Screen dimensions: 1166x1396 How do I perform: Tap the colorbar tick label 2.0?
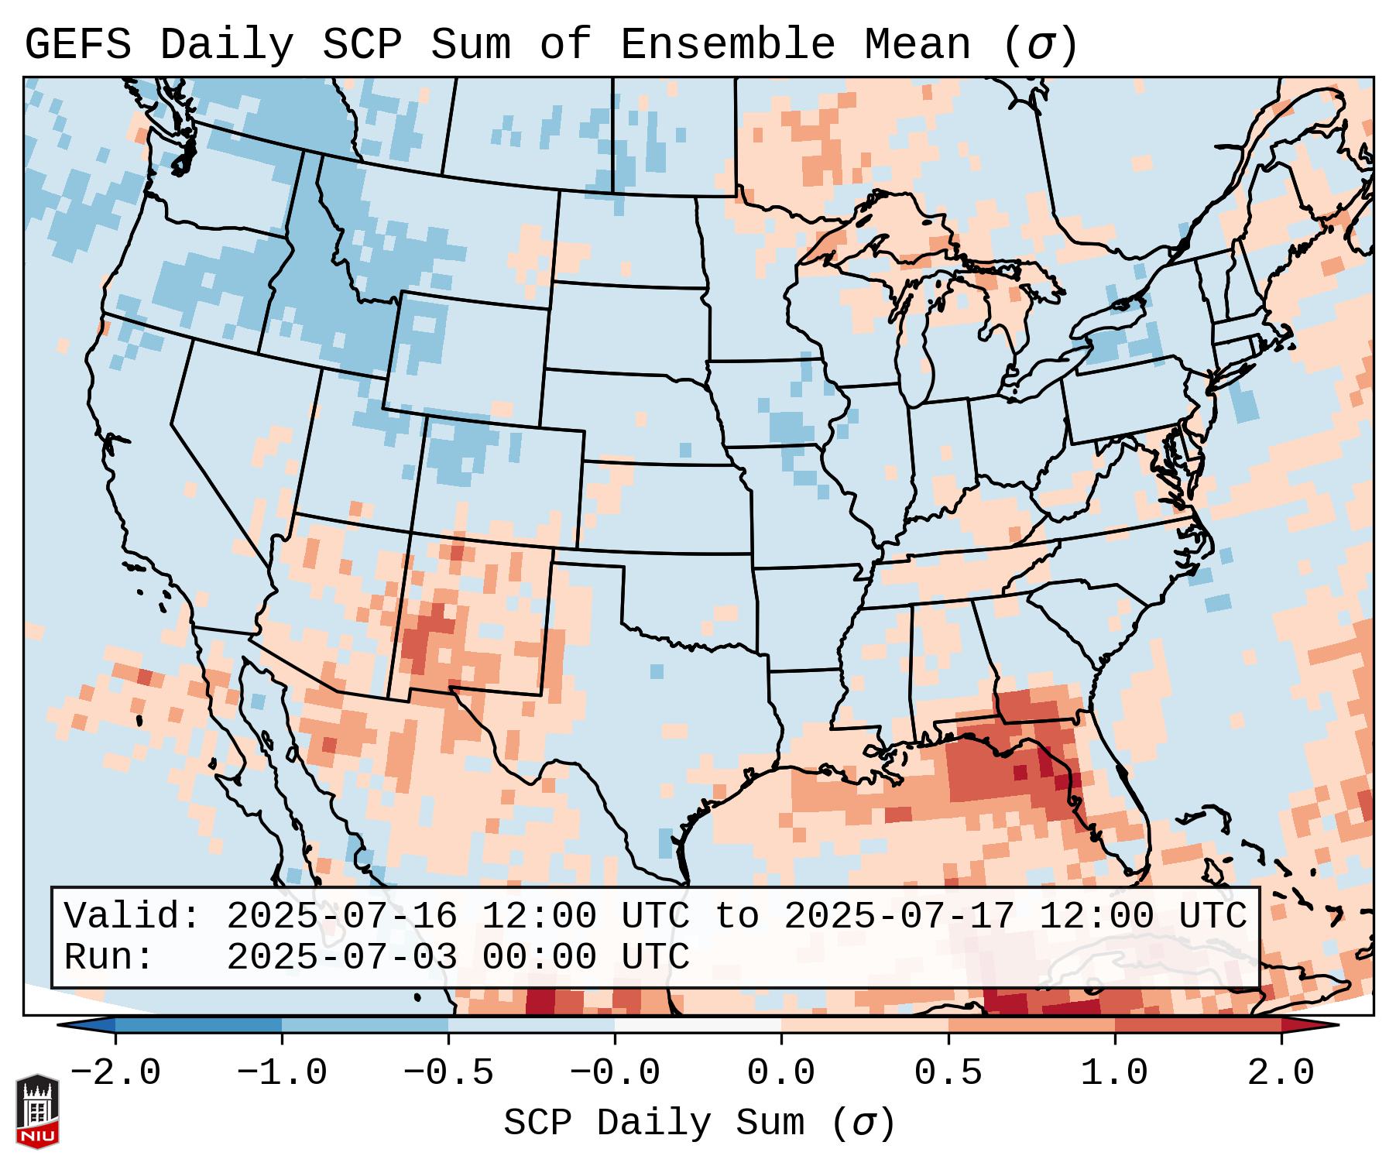click(x=1281, y=1073)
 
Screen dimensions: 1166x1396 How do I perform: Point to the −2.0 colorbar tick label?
click(x=115, y=1073)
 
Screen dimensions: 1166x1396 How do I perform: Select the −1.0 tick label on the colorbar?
click(x=281, y=1073)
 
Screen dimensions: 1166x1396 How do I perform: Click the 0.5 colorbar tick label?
click(x=948, y=1073)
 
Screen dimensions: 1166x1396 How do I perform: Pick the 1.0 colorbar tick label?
click(x=1114, y=1073)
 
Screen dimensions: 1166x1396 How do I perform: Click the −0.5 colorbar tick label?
click(x=448, y=1073)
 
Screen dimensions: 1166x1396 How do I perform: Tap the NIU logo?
click(x=37, y=1111)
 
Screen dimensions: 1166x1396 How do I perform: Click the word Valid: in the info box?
click(x=132, y=917)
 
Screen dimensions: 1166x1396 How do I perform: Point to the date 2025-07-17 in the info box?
click(x=898, y=917)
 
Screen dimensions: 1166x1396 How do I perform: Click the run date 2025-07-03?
click(x=341, y=958)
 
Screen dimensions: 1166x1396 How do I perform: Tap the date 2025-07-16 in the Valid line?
click(x=341, y=917)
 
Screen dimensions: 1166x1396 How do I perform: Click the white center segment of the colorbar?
click(x=698, y=1025)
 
